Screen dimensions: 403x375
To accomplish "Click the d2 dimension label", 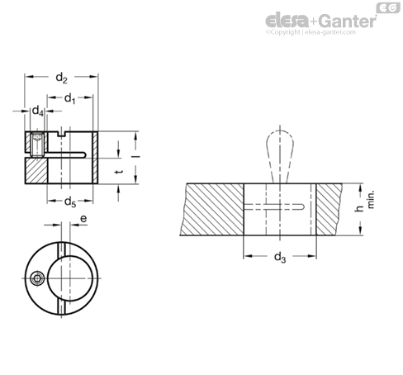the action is pos(61,78).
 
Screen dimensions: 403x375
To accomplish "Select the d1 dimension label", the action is pos(69,98).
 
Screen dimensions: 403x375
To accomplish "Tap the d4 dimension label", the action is pos(38,111).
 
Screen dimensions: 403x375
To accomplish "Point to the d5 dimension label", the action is pos(70,202).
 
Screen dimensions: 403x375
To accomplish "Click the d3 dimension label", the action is pos(280,258).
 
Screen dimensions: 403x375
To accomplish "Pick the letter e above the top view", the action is pos(83,219).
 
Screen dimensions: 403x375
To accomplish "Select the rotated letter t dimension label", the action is pos(119,172).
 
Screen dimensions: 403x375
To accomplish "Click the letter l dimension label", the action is pos(135,157).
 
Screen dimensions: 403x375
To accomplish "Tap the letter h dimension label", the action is pos(359,209).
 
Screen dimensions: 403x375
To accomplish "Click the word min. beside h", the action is pos(371,199).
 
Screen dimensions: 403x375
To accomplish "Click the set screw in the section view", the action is pos(37,145).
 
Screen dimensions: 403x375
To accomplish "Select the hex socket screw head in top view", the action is pos(36,278).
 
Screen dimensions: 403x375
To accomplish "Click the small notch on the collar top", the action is pos(63,134).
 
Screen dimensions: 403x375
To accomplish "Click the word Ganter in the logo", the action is pos(348,21).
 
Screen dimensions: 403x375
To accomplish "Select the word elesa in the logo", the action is pos(287,21).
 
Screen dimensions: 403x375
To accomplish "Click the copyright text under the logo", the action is pos(311,32).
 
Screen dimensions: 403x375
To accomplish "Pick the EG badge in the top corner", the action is pos(388,7).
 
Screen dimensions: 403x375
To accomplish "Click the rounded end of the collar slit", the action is pos(83,155).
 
